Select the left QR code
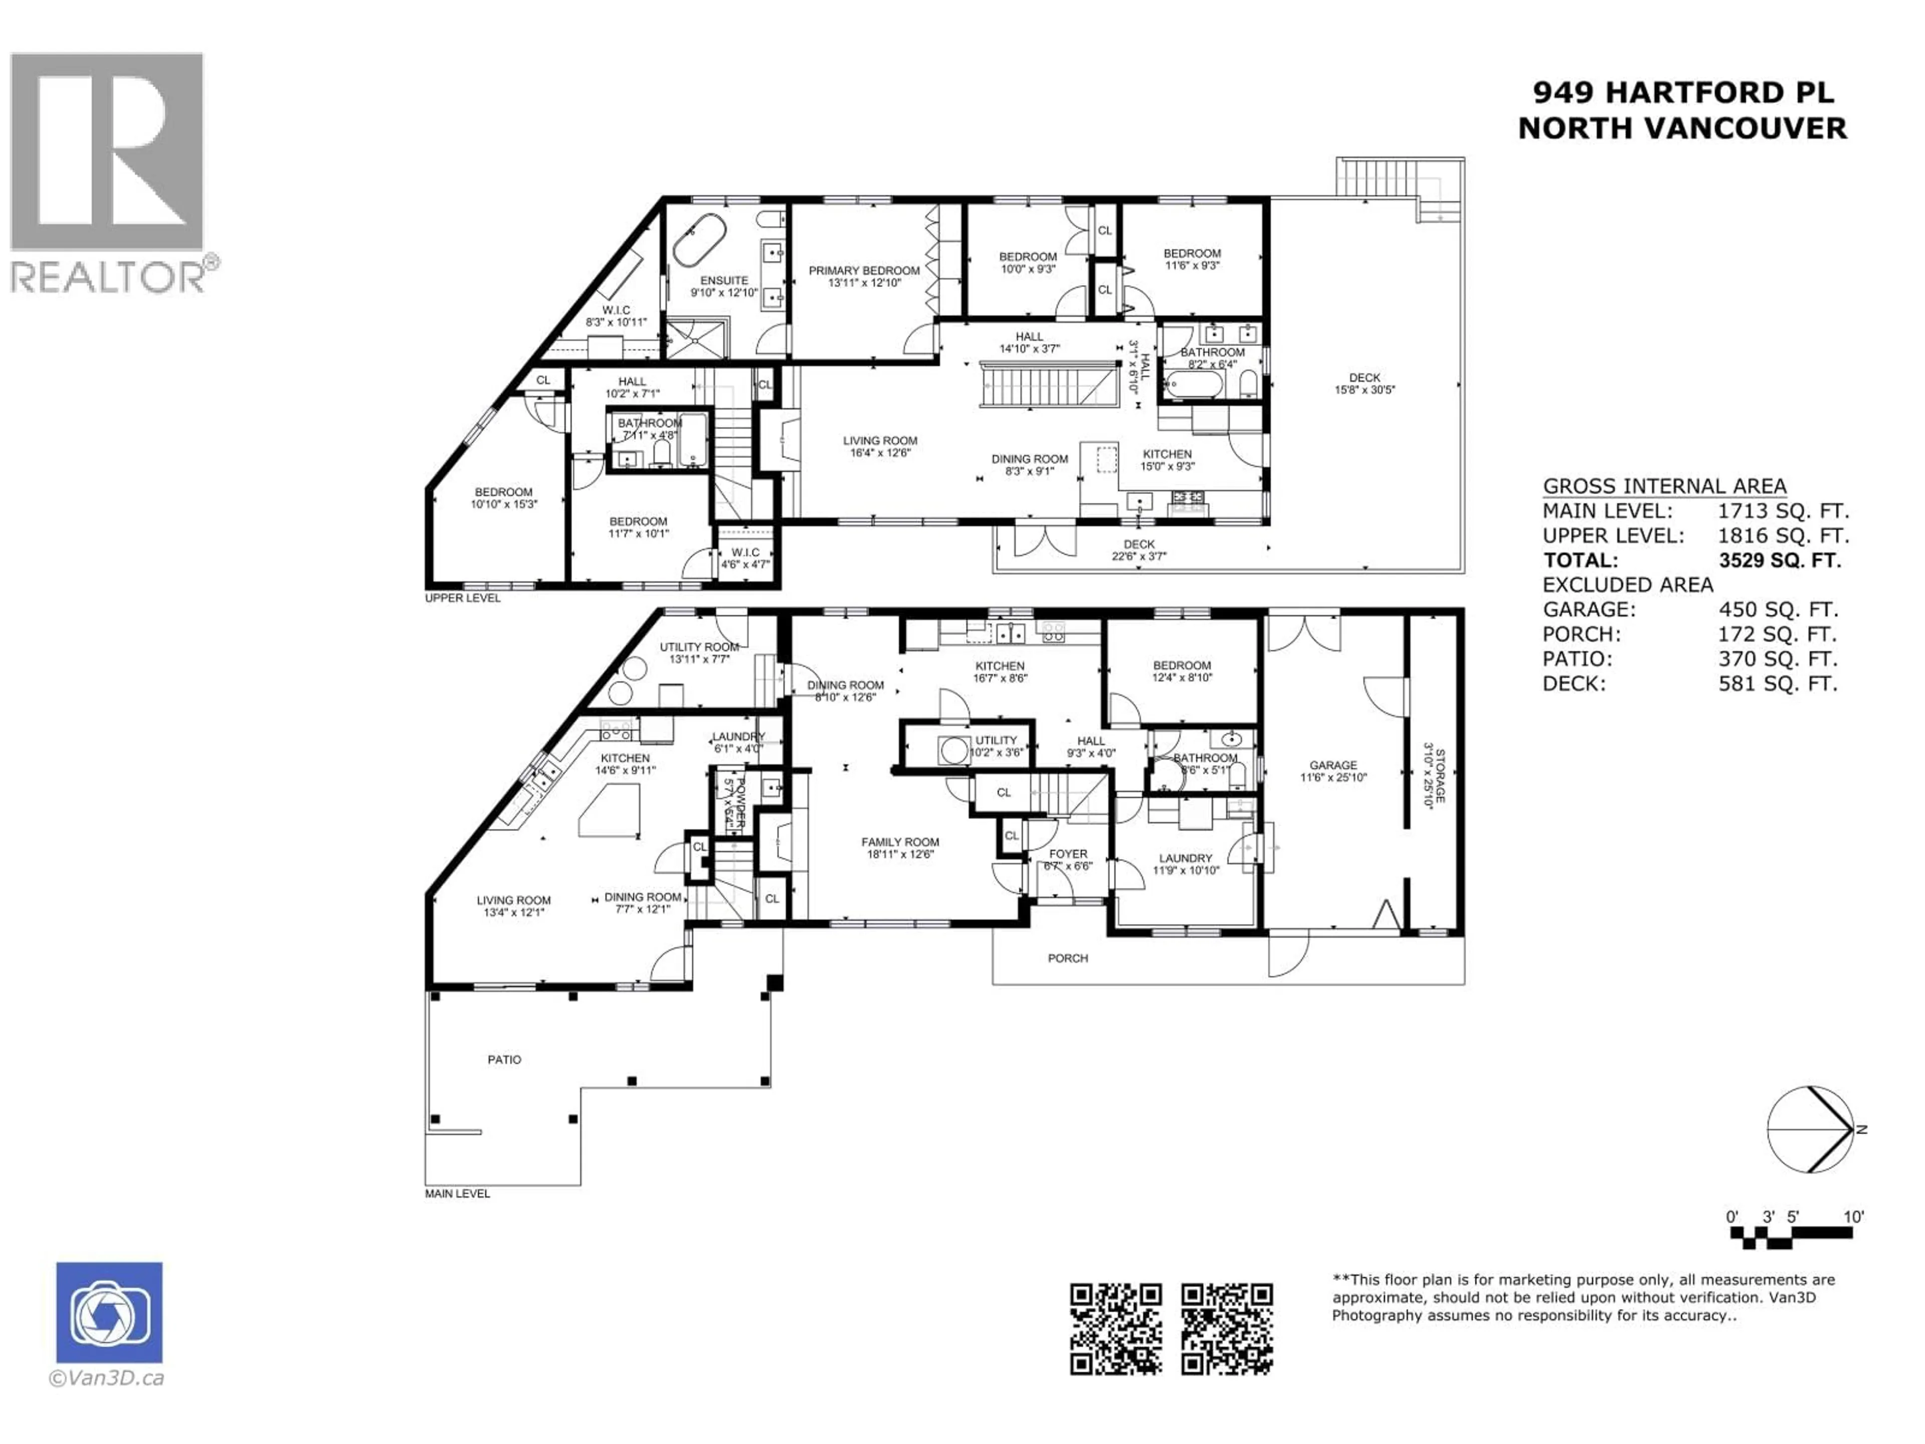1116,1329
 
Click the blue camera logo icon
109,1313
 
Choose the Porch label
1068,958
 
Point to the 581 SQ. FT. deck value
1777,683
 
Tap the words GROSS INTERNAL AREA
1664,486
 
